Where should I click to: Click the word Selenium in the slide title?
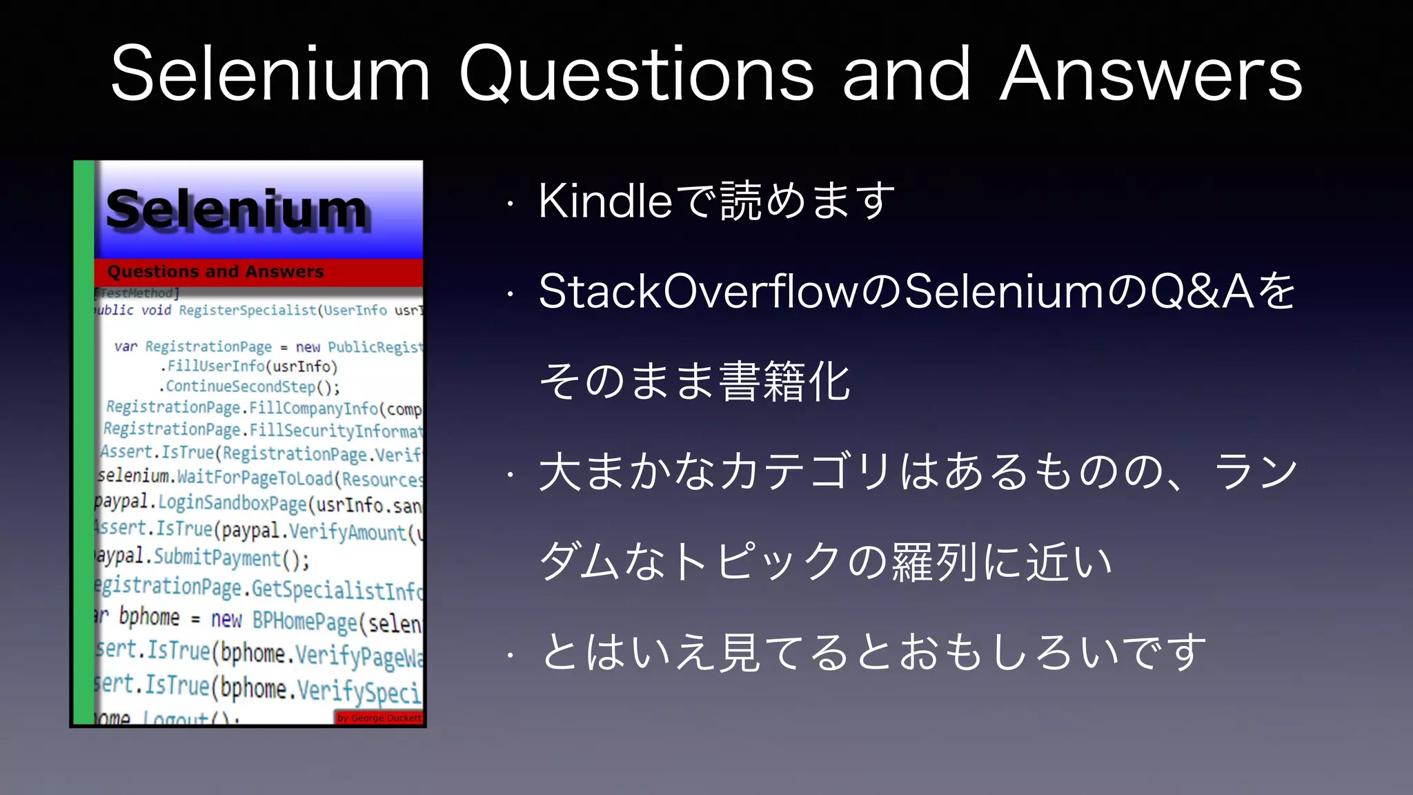tap(270, 75)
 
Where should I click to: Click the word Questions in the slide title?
tap(636, 75)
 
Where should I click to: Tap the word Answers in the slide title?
tap(1151, 75)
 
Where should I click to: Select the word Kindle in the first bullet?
tap(604, 202)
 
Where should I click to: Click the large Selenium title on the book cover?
tap(236, 210)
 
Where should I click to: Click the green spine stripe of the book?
tap(83, 442)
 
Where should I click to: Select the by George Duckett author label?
tap(379, 718)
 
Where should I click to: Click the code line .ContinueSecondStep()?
tap(250, 386)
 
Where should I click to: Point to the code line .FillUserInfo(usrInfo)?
tap(250, 366)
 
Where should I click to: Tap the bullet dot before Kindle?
tap(510, 204)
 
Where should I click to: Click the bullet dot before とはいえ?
tap(510, 654)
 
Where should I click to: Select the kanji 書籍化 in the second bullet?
tap(784, 382)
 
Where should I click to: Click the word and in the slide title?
tap(907, 75)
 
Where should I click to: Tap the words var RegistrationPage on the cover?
tap(193, 346)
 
